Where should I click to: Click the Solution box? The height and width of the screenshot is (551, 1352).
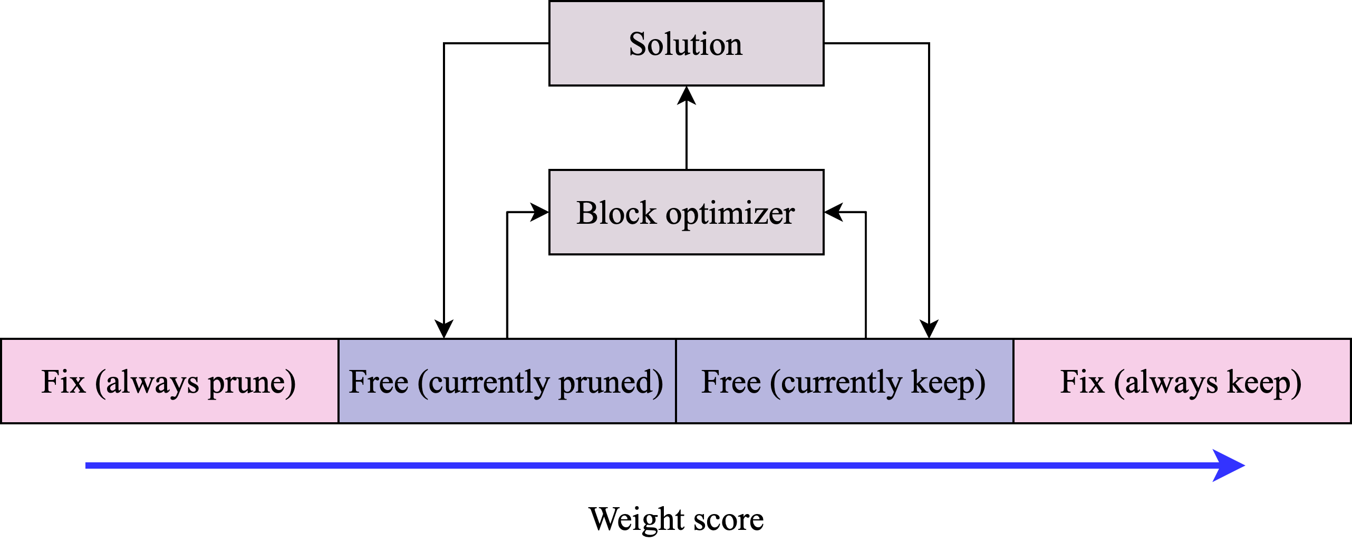[x=686, y=43]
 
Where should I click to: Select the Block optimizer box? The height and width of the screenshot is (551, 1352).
[x=686, y=212]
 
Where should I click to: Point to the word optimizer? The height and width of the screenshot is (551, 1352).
[x=730, y=214]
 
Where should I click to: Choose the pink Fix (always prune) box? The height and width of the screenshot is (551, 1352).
[x=169, y=381]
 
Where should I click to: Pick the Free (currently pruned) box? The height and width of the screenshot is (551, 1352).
[x=507, y=381]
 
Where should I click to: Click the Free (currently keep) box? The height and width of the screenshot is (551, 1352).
[x=844, y=381]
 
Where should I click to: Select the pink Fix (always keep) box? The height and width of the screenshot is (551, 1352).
[x=1182, y=381]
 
